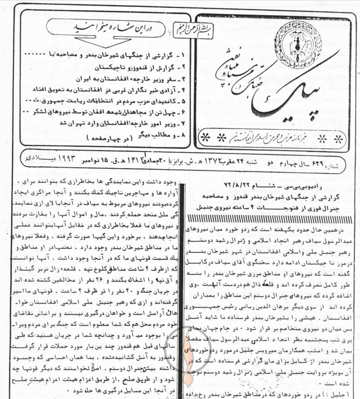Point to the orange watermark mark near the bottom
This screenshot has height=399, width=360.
[x=189, y=378]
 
